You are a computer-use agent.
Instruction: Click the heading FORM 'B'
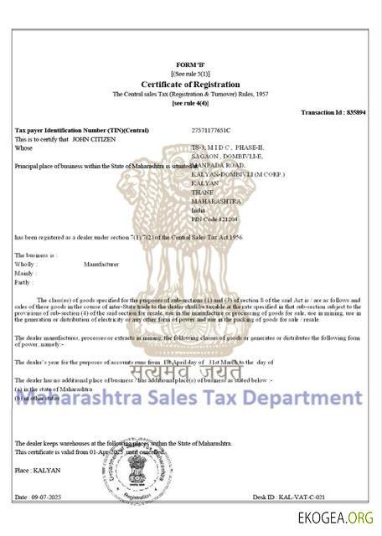coord(190,64)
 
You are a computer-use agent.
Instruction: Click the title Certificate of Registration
coord(190,84)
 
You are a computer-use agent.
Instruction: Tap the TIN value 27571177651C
coord(210,131)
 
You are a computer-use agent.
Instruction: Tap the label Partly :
coord(25,282)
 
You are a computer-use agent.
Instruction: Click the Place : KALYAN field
coord(38,471)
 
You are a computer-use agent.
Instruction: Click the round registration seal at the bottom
coord(188,482)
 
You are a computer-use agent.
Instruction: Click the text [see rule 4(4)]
coord(190,102)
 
